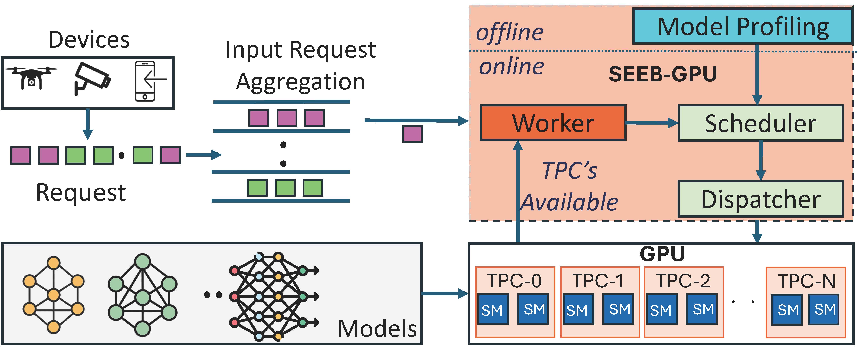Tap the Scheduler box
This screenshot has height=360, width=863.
coord(760,123)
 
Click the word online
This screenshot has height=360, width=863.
coord(512,66)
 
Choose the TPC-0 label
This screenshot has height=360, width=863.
coord(515,281)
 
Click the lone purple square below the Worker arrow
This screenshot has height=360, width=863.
coord(412,134)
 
